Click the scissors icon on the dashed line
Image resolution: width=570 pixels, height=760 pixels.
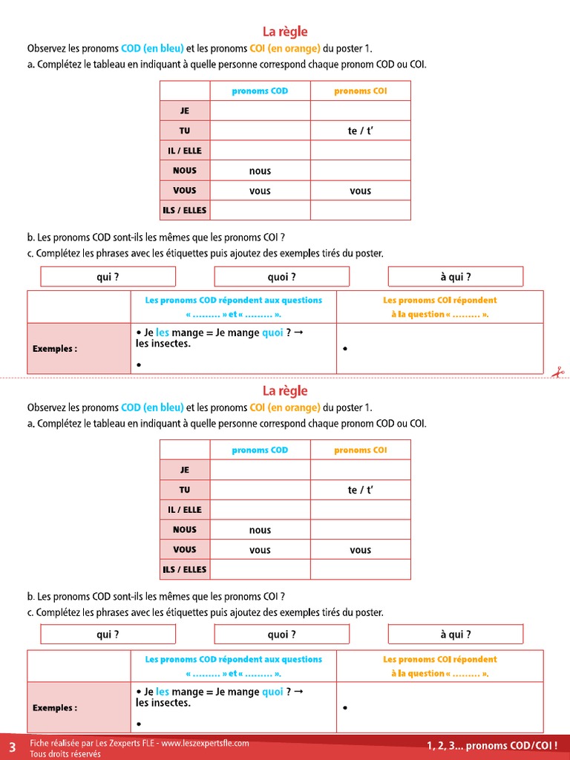point(557,373)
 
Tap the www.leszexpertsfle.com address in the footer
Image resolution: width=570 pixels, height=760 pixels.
point(206,743)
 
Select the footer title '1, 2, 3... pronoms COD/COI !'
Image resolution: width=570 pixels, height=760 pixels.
point(492,745)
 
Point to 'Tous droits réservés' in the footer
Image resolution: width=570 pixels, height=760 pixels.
point(65,754)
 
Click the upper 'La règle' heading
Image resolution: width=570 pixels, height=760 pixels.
point(285,32)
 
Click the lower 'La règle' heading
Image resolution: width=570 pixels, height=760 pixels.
point(285,391)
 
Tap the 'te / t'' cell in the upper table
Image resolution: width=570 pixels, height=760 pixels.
point(360,131)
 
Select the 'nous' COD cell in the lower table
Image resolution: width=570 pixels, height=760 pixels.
point(260,530)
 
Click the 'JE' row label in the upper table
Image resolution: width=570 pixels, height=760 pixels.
point(185,111)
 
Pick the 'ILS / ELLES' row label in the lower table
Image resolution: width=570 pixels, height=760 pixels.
point(185,569)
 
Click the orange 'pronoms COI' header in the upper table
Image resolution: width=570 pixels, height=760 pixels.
point(360,91)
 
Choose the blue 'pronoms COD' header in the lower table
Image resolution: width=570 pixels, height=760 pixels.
point(260,451)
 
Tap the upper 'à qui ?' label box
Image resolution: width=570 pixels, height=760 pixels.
point(455,277)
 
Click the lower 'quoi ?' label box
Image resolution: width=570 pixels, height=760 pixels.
point(281,635)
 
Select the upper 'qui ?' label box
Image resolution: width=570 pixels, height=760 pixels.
point(108,277)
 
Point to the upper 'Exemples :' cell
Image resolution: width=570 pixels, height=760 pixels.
point(55,348)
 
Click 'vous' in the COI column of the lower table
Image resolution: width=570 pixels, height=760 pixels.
point(360,550)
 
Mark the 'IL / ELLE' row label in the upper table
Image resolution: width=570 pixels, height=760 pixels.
point(185,151)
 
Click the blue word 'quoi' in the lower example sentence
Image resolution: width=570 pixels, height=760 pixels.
point(272,692)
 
